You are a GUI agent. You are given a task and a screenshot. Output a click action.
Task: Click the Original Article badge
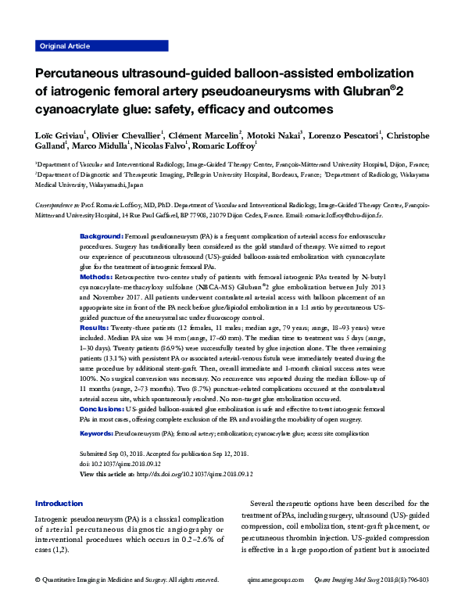(65, 46)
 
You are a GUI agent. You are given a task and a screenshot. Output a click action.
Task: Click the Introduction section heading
(59, 504)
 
